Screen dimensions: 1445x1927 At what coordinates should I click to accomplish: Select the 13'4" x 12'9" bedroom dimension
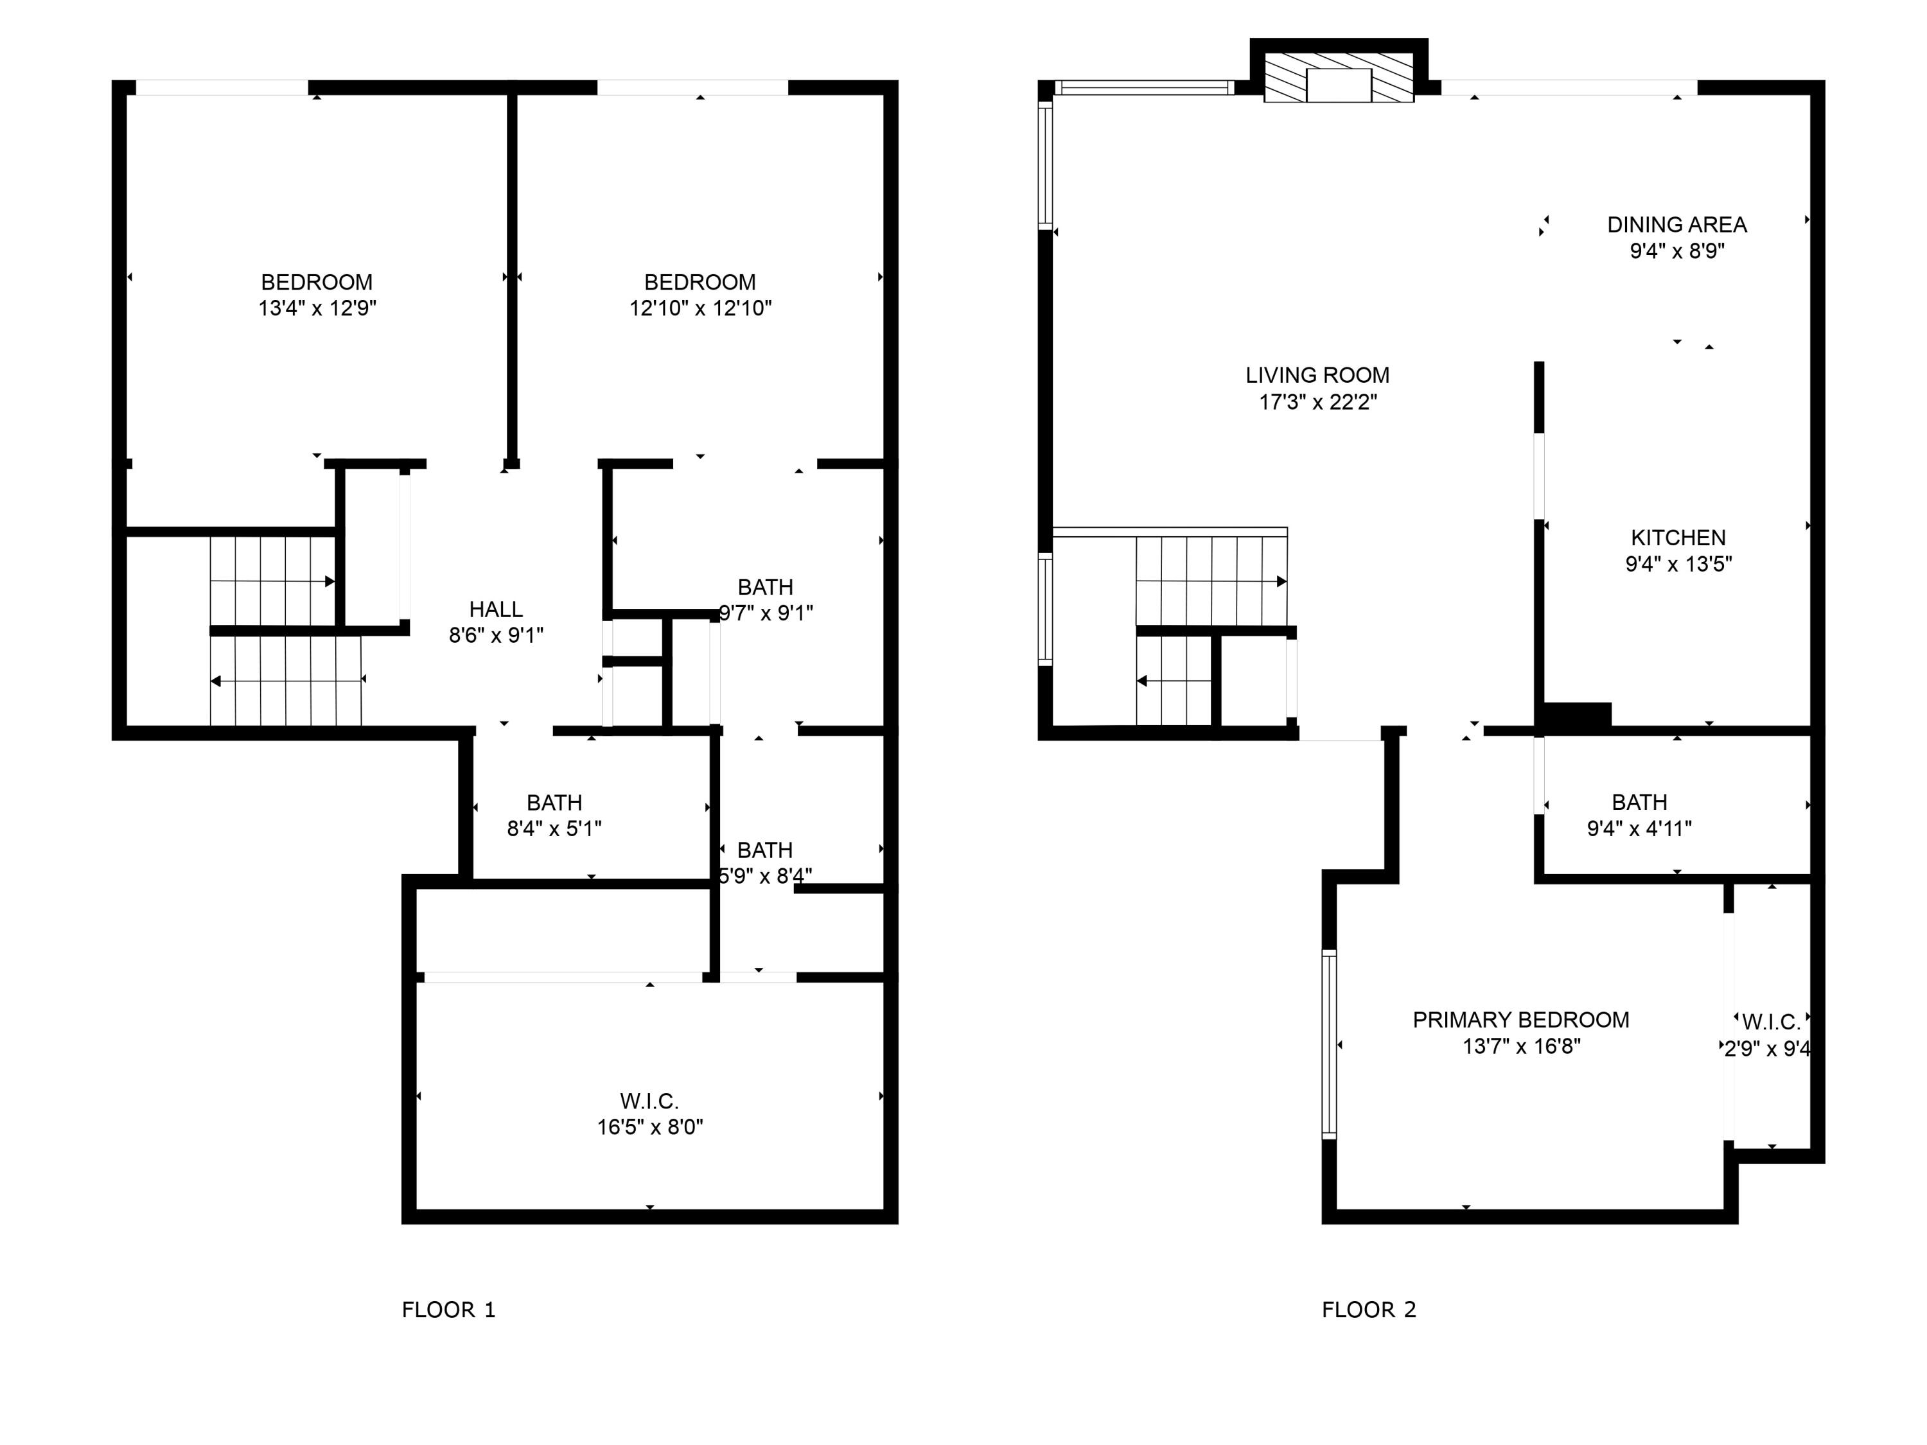pos(317,308)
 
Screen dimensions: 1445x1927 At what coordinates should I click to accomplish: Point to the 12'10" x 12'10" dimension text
pos(700,308)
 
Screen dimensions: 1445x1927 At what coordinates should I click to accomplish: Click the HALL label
pos(496,609)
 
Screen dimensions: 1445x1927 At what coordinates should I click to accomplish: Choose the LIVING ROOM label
pos(1317,376)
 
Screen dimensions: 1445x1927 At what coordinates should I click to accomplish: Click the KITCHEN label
pos(1678,538)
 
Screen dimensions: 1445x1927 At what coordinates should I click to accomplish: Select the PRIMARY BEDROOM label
pos(1521,1020)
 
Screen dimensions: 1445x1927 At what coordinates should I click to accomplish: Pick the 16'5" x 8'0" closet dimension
pos(650,1127)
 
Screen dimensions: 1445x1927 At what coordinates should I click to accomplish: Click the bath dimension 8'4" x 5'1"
pos(554,828)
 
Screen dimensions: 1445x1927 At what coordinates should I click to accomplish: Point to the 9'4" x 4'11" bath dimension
pos(1639,828)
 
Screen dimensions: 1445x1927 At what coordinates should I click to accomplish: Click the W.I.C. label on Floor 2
pos(1771,1022)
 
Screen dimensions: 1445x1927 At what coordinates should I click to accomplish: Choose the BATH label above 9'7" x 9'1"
pos(765,587)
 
